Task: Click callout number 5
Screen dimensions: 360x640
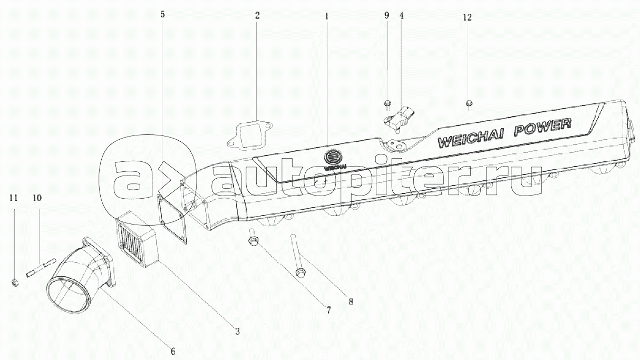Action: (x=162, y=15)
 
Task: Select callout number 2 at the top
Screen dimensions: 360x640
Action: (x=257, y=15)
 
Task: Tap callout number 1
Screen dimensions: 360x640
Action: (x=327, y=16)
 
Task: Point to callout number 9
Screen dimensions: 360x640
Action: (x=386, y=15)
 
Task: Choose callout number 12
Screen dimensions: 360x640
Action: (x=467, y=17)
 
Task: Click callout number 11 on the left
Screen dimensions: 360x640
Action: (x=14, y=198)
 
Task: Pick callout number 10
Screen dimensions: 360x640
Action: (x=37, y=198)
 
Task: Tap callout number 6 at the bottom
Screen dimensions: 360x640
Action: (x=172, y=351)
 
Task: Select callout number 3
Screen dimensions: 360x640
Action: (x=237, y=332)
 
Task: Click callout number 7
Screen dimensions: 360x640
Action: (x=328, y=310)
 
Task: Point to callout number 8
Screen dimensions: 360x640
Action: (x=351, y=302)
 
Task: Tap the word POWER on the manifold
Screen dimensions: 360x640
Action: (x=545, y=128)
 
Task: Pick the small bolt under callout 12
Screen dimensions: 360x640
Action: (x=469, y=104)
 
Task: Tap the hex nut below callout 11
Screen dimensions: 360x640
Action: (x=15, y=283)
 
